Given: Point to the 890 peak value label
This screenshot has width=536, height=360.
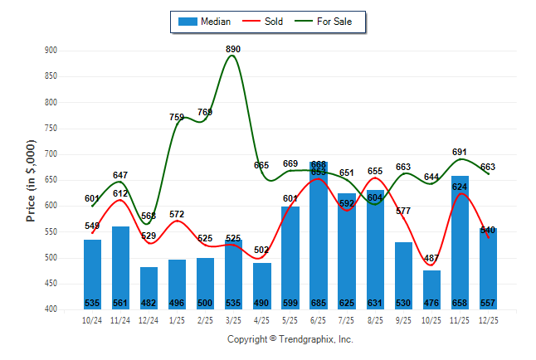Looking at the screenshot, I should (x=234, y=50).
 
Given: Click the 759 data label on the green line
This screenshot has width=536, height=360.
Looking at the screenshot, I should (x=177, y=117).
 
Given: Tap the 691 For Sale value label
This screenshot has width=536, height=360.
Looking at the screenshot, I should (x=459, y=153).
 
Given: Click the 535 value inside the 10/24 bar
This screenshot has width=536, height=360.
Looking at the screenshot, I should (x=93, y=303).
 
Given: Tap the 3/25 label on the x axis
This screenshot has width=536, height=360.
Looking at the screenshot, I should (x=233, y=320).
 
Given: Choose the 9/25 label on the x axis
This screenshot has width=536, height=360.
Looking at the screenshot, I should (x=403, y=320).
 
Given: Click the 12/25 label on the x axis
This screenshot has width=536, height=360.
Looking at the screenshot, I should (x=488, y=320).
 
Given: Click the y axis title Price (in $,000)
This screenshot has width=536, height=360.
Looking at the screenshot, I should (x=31, y=180).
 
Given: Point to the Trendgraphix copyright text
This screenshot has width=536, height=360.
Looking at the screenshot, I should (x=290, y=339).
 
